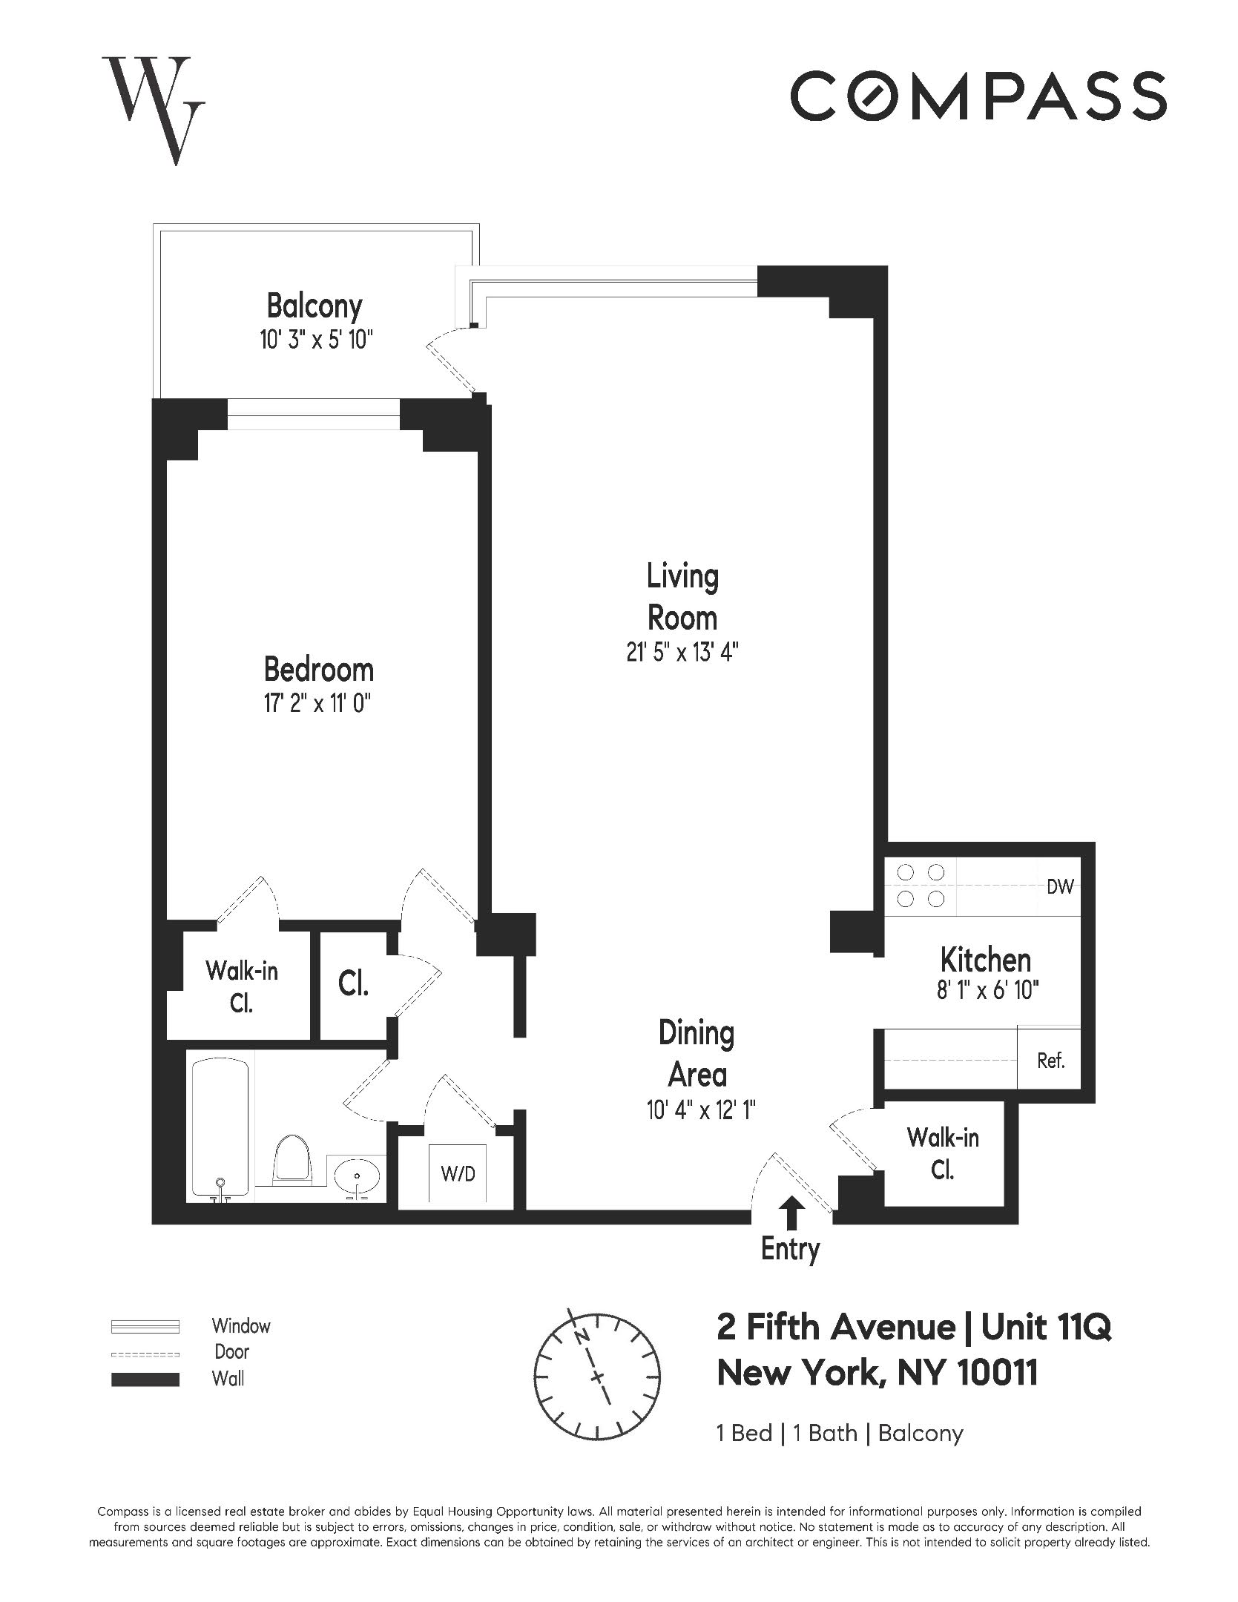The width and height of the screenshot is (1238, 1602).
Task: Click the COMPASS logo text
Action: [x=978, y=96]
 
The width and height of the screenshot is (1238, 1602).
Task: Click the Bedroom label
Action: [x=318, y=670]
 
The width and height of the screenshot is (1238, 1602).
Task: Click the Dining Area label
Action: [x=697, y=1054]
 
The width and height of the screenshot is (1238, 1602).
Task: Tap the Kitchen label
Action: [x=985, y=960]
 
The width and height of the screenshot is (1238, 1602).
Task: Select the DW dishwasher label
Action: [x=1060, y=886]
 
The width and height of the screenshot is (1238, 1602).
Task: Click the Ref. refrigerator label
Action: [x=1050, y=1061]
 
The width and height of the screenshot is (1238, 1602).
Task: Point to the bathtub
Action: [x=220, y=1127]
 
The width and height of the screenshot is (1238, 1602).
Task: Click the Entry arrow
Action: [x=792, y=1214]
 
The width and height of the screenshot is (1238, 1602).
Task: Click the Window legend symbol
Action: [x=145, y=1326]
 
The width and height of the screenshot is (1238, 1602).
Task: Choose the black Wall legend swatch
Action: [x=145, y=1379]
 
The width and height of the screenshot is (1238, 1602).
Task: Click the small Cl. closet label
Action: [x=353, y=983]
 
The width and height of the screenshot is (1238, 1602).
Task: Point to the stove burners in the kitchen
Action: [x=921, y=886]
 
